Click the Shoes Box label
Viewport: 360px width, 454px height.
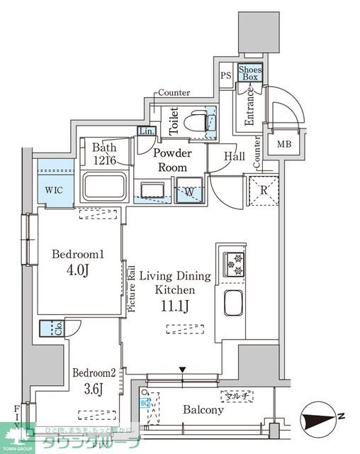249,72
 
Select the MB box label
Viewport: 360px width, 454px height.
283,145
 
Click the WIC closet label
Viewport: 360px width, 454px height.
52,191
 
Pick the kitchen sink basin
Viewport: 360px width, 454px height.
235,303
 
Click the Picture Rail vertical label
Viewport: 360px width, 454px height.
131,288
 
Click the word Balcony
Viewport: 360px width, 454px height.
203,409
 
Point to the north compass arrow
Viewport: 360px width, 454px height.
320,419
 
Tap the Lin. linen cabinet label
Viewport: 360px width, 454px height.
146,131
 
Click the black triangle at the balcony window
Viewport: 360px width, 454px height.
183,370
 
